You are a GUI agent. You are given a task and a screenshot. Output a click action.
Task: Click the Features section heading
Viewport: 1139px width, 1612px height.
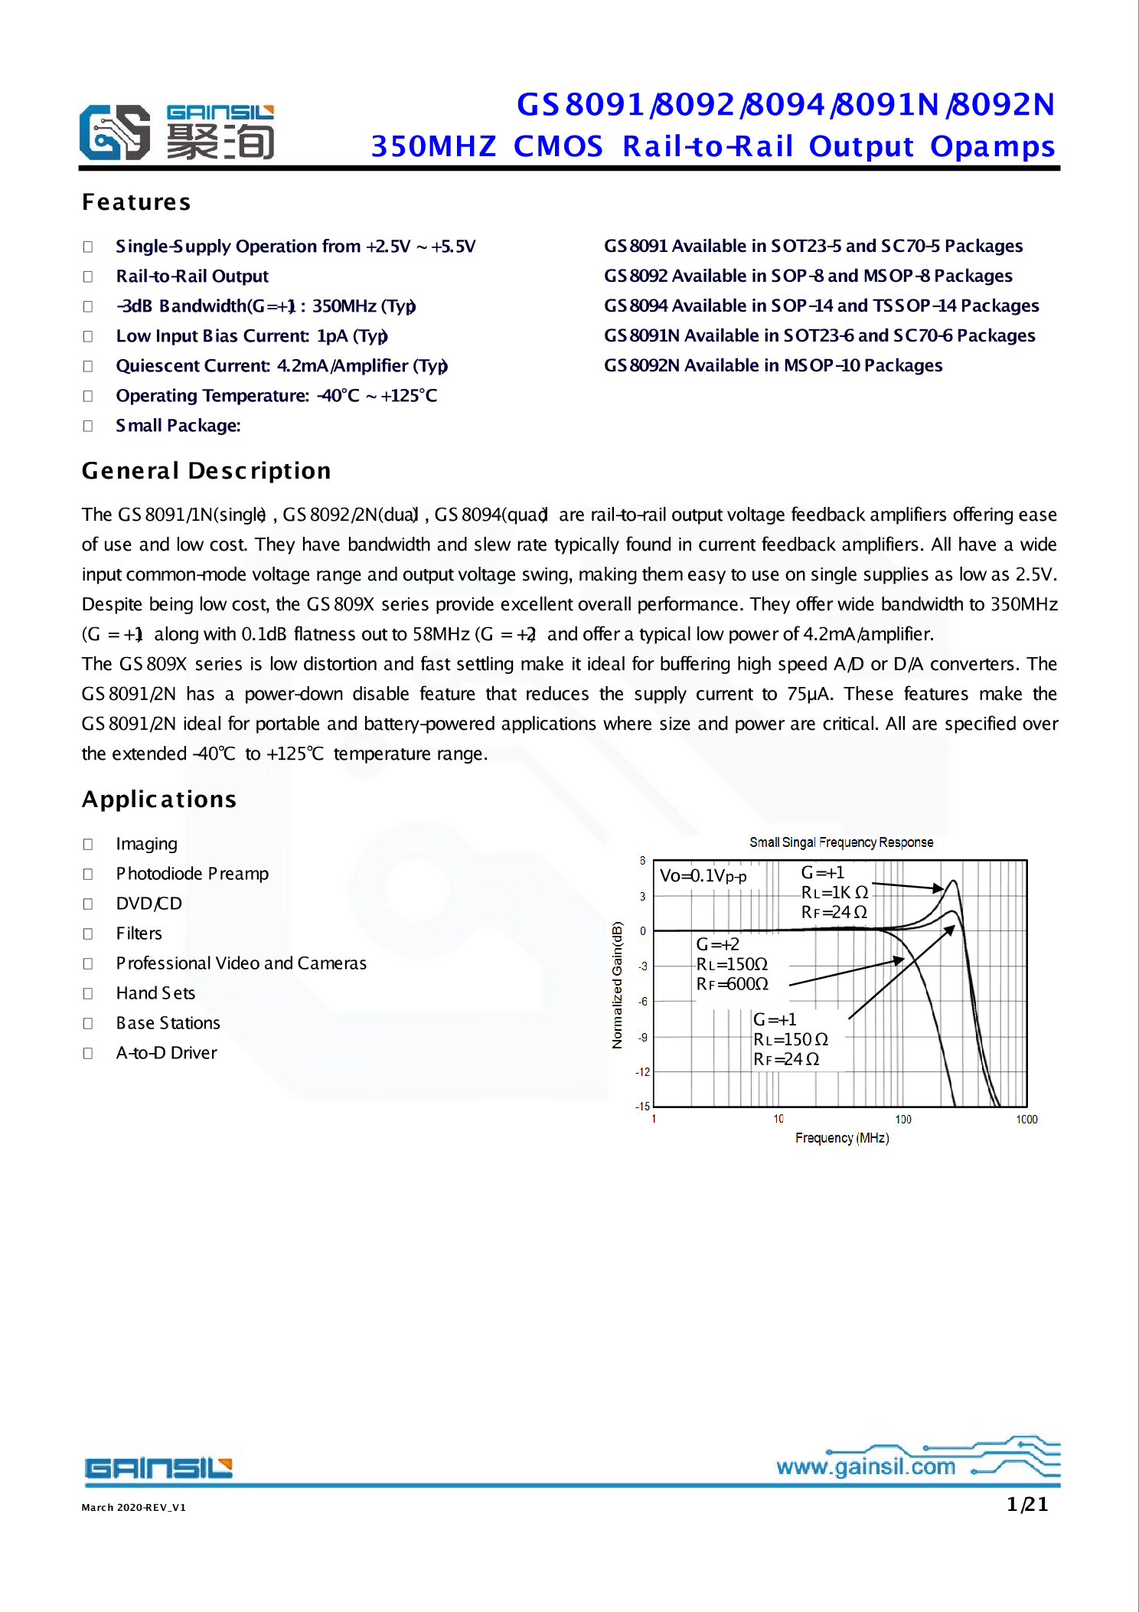[x=136, y=202]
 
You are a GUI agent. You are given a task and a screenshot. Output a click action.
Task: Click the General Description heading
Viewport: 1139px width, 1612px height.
[x=206, y=470]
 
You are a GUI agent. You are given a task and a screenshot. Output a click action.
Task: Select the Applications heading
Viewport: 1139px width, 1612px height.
[x=159, y=799]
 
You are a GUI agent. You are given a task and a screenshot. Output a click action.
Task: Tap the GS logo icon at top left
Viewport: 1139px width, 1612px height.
[x=115, y=132]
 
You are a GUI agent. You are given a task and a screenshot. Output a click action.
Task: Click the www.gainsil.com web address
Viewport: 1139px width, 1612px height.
[x=866, y=1466]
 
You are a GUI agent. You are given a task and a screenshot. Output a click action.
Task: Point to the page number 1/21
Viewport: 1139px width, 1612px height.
[x=1027, y=1504]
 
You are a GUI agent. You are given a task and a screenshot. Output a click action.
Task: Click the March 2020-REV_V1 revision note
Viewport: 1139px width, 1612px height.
[x=134, y=1507]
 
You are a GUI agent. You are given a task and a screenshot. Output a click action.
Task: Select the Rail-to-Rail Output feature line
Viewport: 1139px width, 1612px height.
[x=192, y=276]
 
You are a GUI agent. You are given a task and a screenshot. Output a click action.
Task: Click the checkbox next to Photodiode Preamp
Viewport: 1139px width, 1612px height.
[x=88, y=874]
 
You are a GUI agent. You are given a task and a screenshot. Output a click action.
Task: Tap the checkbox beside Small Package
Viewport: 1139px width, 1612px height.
[x=88, y=426]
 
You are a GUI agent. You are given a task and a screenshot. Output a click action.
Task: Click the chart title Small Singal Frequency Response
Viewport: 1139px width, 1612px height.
[x=841, y=842]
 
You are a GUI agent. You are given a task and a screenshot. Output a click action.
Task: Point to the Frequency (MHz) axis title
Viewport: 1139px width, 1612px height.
[x=841, y=1138]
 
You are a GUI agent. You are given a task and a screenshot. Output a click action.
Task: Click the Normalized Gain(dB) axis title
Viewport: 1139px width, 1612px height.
[x=617, y=984]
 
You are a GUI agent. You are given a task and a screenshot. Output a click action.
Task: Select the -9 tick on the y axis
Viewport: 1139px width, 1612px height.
[x=643, y=1037]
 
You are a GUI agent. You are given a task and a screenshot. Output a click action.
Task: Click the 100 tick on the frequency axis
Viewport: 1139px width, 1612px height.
[x=902, y=1120]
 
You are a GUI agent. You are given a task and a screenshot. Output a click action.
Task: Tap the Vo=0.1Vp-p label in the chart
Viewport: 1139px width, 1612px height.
[x=703, y=875]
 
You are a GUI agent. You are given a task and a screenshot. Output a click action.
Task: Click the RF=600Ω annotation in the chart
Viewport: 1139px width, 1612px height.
[x=732, y=984]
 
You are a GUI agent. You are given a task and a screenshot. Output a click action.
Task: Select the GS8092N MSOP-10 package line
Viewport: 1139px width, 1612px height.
[x=772, y=365]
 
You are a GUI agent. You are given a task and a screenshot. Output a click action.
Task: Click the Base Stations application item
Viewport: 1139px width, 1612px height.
[x=168, y=1023]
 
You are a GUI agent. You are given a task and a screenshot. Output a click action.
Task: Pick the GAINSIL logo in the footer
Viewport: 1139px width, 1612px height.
[x=158, y=1468]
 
